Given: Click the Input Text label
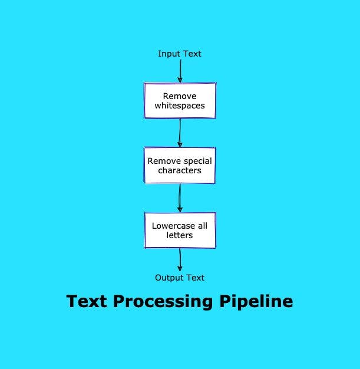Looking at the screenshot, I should pyautogui.click(x=180, y=54).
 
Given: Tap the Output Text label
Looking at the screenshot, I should pyautogui.click(x=180, y=278).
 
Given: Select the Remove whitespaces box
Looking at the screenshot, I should pyautogui.click(x=180, y=100).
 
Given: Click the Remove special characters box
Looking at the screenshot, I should pyautogui.click(x=180, y=166).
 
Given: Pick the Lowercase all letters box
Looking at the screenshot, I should pyautogui.click(x=180, y=230).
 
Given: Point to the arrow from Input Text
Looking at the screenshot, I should pyautogui.click(x=180, y=71).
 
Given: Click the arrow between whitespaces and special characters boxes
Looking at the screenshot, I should pyautogui.click(x=180, y=133).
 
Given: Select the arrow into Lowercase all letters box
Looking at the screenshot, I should pyautogui.click(x=180, y=198).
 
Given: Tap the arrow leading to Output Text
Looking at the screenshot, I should pyautogui.click(x=180, y=260).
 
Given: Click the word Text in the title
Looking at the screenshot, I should pyautogui.click(x=87, y=301).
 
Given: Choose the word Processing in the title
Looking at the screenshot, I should pyautogui.click(x=164, y=302).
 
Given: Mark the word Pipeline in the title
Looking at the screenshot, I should pyautogui.click(x=256, y=302).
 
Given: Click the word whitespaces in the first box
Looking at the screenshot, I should pyautogui.click(x=180, y=106).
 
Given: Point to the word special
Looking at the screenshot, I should pyautogui.click(x=196, y=160).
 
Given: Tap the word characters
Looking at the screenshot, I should pyautogui.click(x=180, y=171).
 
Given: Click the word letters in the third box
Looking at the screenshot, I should pyautogui.click(x=180, y=236).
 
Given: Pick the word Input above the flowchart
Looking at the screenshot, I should pyautogui.click(x=169, y=54).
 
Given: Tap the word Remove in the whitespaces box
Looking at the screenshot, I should pyautogui.click(x=180, y=95).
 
